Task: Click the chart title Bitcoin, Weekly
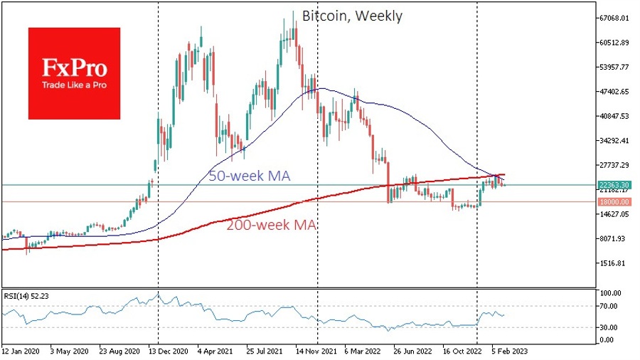351,16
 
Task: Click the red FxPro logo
74,73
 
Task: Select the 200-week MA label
272,226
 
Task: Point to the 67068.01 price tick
613,18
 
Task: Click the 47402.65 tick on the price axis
613,92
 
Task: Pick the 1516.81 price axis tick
613,263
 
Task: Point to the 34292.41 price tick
613,141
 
